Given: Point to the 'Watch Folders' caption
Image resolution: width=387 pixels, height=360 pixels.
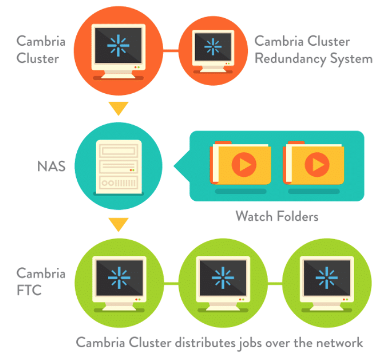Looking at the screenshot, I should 277,216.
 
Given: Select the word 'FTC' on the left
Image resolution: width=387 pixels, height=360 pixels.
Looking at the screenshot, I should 29,291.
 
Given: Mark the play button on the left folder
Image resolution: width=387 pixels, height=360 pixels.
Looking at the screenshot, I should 245,165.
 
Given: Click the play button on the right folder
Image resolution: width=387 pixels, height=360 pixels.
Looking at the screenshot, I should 318,165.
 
